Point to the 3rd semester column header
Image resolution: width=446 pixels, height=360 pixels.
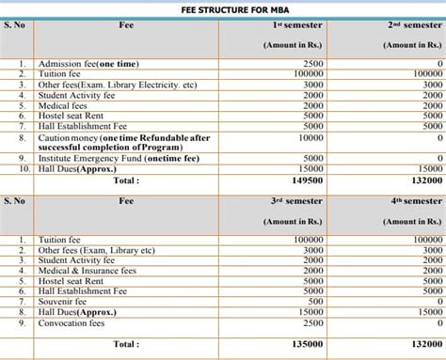(x=296, y=201)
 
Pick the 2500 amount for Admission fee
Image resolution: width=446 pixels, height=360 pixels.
(x=313, y=62)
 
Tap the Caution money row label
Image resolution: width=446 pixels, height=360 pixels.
(x=122, y=137)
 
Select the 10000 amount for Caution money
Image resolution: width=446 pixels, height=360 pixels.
(x=311, y=137)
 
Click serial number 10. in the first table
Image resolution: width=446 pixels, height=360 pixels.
(x=25, y=168)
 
